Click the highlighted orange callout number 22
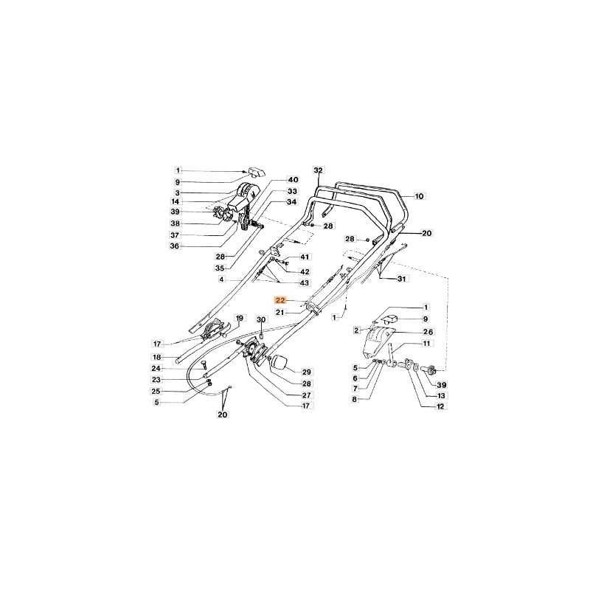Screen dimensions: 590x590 tap(281, 300)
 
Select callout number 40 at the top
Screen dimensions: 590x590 tap(293, 180)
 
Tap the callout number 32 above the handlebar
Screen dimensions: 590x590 tap(319, 170)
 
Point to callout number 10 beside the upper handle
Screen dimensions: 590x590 tap(419, 196)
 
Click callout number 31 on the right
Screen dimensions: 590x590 tap(401, 279)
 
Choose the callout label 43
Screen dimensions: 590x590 tap(304, 282)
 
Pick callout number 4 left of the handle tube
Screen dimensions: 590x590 tap(222, 280)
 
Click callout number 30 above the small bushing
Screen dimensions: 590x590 tap(261, 320)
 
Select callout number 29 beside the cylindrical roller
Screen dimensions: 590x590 tap(307, 372)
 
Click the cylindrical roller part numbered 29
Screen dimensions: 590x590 tap(280, 363)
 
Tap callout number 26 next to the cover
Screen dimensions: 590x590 tap(428, 332)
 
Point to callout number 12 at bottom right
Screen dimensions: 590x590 tap(440, 406)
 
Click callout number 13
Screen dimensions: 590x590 tap(441, 396)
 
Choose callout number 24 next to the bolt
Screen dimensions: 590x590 tap(156, 368)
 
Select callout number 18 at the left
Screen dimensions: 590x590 tap(156, 357)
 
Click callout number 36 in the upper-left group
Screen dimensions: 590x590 tap(175, 246)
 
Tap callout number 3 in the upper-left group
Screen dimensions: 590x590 tap(177, 192)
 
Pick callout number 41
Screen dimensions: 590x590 tap(304, 257)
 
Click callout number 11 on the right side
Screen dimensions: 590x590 tap(426, 344)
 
